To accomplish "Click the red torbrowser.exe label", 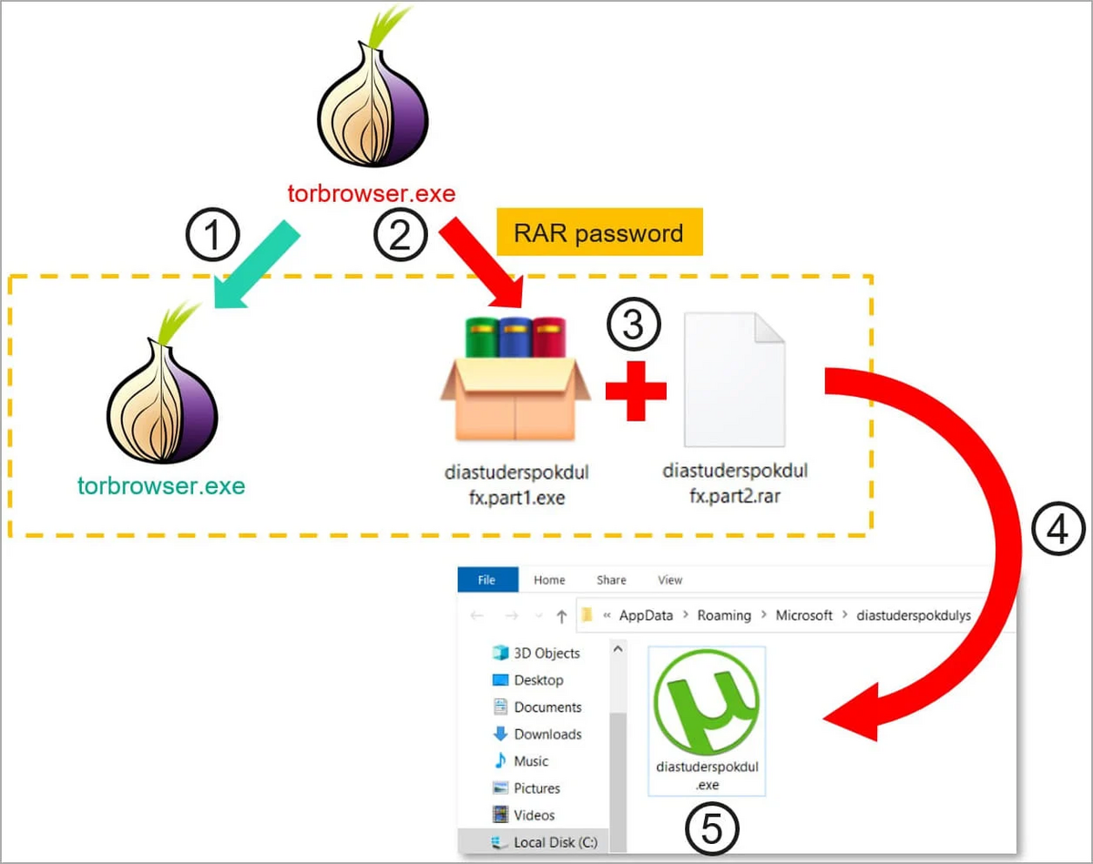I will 372,194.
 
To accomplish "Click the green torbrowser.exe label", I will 162,485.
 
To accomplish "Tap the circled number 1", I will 212,238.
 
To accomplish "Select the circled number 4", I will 1057,531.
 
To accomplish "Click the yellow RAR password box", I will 598,234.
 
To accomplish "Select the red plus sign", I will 636,391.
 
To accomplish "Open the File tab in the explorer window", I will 487,580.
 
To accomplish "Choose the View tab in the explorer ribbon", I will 669,580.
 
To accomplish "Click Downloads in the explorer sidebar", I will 546,734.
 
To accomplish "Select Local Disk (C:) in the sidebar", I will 555,842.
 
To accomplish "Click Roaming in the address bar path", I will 724,615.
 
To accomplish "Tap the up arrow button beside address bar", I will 561,616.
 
